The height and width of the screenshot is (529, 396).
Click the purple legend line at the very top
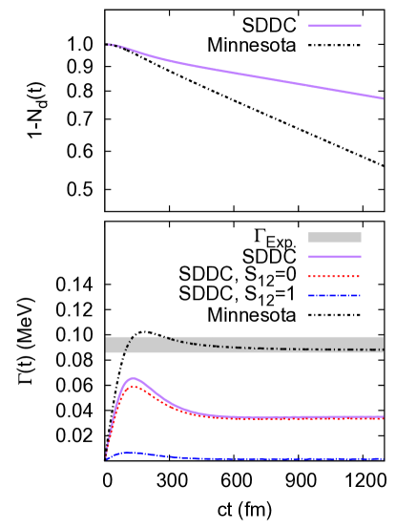(334, 26)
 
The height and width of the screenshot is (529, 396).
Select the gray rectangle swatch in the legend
(334, 237)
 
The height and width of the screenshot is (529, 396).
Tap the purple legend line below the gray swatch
(334, 257)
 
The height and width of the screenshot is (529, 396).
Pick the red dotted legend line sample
(334, 276)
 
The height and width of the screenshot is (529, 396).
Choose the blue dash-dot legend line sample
(334, 296)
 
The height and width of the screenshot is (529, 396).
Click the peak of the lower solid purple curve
(133, 378)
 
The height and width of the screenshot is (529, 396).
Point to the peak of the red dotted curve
(135, 387)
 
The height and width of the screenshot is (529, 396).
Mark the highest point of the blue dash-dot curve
(128, 453)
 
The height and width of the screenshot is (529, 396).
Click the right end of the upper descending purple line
(383, 98)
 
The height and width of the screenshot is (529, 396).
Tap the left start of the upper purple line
(108, 44)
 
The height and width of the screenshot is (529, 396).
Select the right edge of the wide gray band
(383, 345)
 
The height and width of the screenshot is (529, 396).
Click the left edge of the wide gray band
(106, 345)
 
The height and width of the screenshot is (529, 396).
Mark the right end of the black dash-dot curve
(383, 349)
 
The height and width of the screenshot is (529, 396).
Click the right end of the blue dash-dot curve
(383, 458)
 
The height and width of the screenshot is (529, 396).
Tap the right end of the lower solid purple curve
(383, 416)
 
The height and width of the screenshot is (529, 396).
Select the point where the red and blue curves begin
(106, 459)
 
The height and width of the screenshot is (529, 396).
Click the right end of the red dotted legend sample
(360, 276)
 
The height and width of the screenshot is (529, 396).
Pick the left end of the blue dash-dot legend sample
(309, 296)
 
